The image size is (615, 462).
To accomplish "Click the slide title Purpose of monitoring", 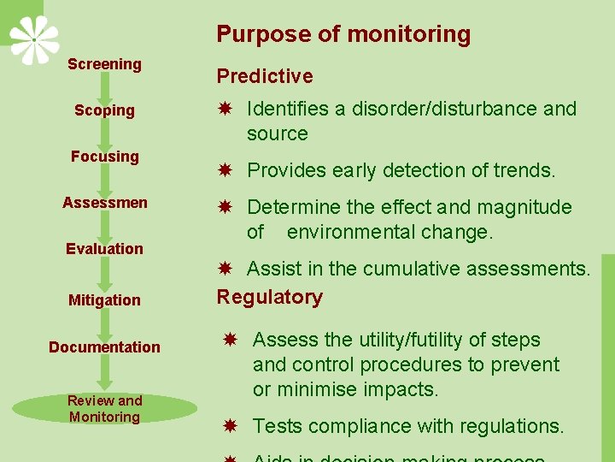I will (x=343, y=34).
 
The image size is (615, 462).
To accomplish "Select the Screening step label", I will (x=104, y=64).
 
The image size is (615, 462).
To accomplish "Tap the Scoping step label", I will (x=104, y=110).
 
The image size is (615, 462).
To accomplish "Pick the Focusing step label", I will (x=104, y=157).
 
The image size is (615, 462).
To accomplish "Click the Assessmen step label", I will (x=104, y=203).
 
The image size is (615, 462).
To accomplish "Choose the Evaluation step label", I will (x=104, y=249).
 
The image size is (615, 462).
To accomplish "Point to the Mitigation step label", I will (x=104, y=300).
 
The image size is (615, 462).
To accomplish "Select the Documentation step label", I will (x=104, y=346).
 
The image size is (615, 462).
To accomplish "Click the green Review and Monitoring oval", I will (x=104, y=409).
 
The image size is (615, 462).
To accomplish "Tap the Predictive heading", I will (x=265, y=76).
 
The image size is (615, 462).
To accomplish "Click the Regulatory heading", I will (x=270, y=297).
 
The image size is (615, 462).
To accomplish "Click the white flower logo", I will (x=34, y=39).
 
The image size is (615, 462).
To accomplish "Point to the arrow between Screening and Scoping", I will (x=105, y=87).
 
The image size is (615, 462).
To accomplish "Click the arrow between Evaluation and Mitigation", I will (x=105, y=274).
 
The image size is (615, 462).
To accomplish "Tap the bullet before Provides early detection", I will (x=225, y=170).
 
